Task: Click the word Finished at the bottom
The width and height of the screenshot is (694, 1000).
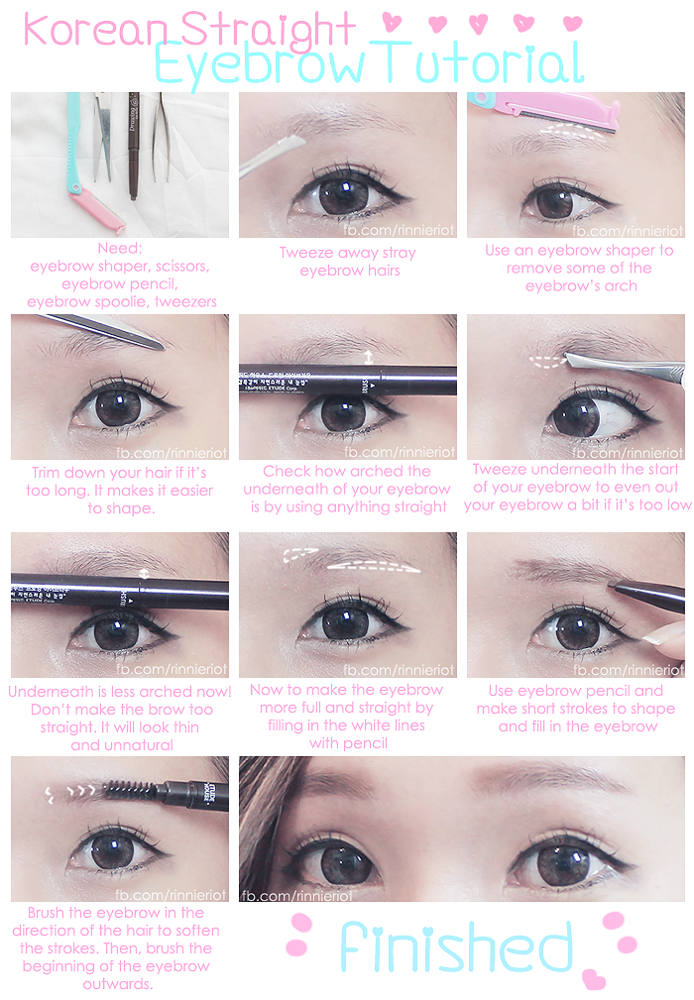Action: (x=455, y=948)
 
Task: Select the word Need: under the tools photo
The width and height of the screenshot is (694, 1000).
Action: (x=120, y=248)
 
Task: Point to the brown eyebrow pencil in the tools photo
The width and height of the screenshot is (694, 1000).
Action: (x=133, y=146)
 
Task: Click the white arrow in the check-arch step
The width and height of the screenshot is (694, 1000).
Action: (x=369, y=357)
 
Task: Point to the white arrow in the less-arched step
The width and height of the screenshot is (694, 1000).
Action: (x=144, y=573)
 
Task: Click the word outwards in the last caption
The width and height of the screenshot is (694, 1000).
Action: (x=118, y=984)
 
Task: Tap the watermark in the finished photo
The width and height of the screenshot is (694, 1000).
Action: (x=296, y=896)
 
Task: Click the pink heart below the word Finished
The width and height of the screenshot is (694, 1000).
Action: (x=595, y=979)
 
